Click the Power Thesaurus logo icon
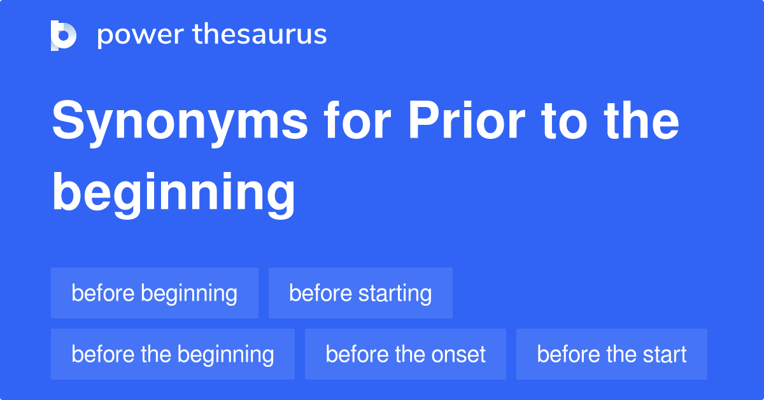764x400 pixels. [64, 35]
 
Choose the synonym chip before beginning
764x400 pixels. [155, 293]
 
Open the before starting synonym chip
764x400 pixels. [360, 293]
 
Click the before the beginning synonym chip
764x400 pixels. [173, 354]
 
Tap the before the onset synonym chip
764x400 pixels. [406, 354]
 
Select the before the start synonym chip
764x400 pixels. [612, 354]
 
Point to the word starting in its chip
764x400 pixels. [395, 294]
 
